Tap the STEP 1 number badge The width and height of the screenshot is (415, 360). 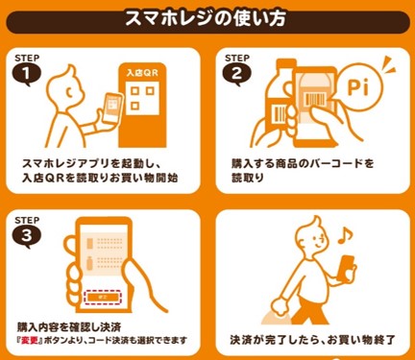[31, 71]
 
